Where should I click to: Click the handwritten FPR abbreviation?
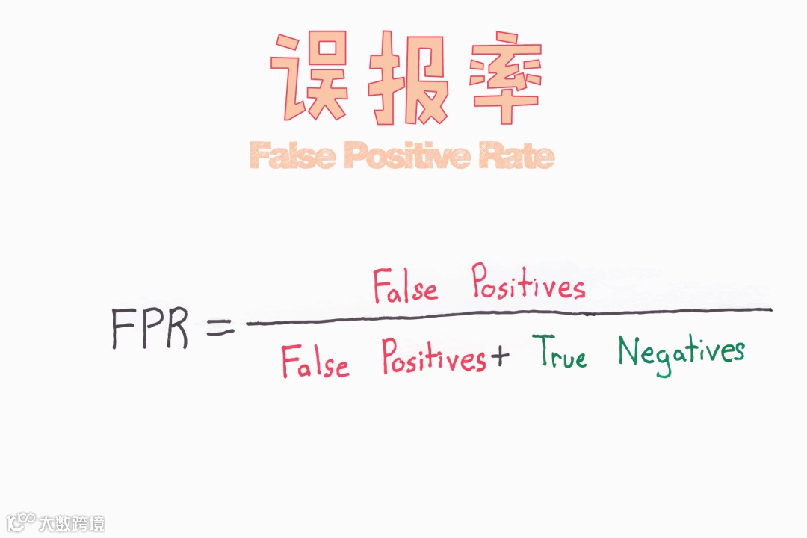click(149, 329)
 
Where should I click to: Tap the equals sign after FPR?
click(220, 327)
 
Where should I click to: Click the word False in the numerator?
click(405, 288)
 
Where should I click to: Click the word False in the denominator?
click(315, 363)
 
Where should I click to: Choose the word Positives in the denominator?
click(432, 358)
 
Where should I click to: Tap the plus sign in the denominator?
click(498, 358)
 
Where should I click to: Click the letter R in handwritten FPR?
click(176, 330)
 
